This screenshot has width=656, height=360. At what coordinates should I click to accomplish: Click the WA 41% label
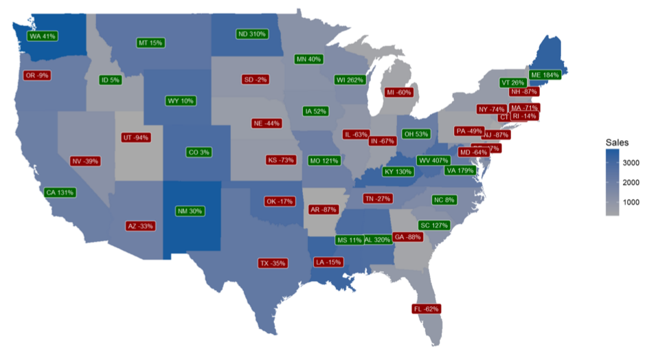point(42,36)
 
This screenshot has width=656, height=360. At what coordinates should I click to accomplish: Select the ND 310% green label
point(251,34)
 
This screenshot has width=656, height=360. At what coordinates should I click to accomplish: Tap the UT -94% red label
point(135,137)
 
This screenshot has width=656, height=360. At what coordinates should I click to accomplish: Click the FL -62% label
point(426,309)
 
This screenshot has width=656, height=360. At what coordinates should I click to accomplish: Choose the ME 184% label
point(545,75)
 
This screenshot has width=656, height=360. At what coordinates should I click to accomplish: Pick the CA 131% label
point(60,192)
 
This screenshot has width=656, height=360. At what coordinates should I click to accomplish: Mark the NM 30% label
point(189,211)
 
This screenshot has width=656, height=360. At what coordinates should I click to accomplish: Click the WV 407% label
point(433,160)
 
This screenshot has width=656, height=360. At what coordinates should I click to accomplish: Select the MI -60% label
point(398,92)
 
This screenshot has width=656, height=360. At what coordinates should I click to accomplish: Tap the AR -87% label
point(323,209)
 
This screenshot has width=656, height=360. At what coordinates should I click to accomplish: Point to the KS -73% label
point(281,160)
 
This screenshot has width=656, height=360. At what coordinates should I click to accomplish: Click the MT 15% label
point(150,43)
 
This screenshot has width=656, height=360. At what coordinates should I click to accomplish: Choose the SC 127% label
point(434,225)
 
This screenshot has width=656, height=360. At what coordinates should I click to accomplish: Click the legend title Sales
point(617,142)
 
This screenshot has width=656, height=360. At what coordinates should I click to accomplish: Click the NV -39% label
point(85,161)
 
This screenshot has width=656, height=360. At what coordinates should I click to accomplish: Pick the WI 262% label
point(349,80)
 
